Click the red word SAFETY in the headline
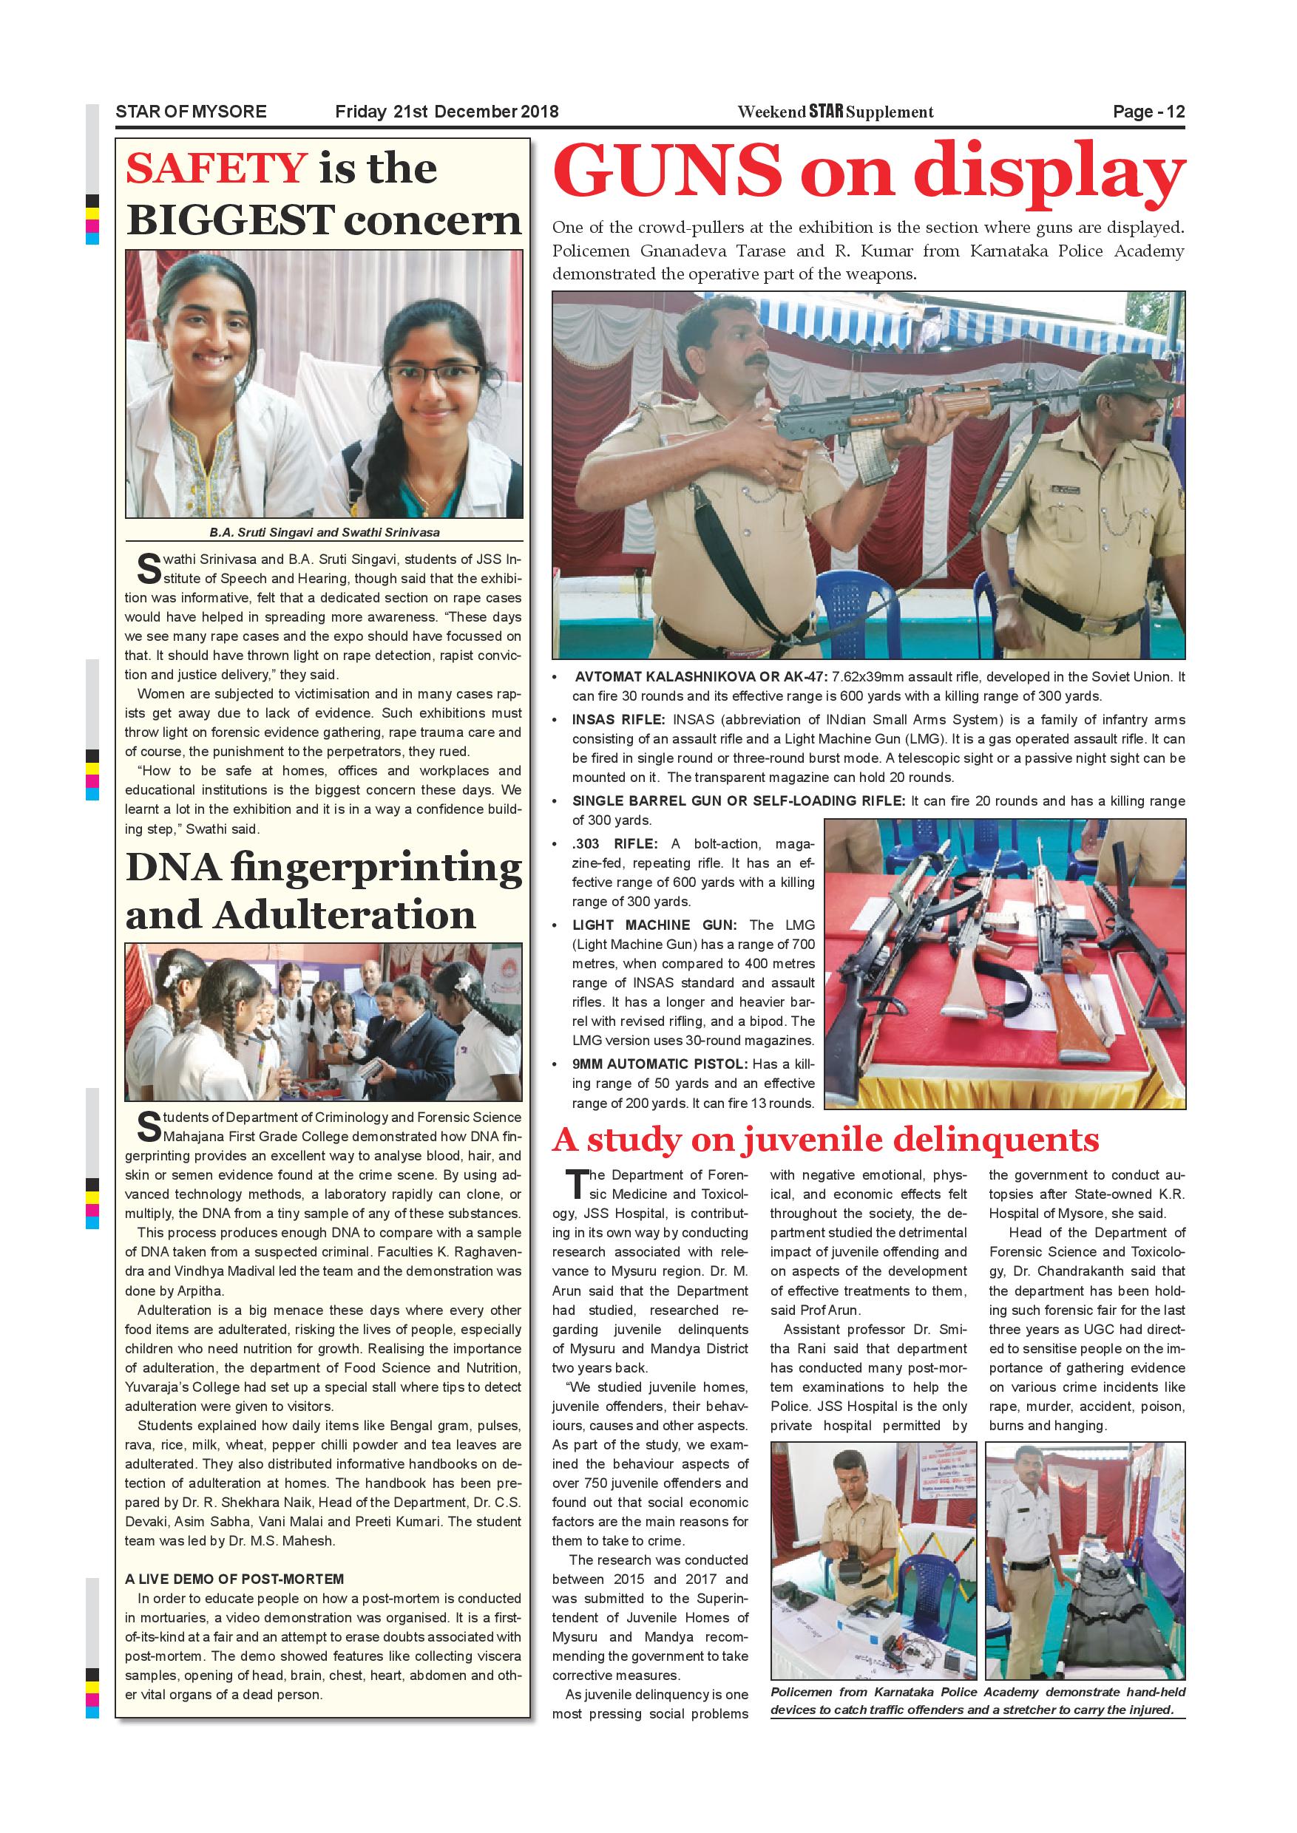(216, 169)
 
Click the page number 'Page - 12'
(1148, 112)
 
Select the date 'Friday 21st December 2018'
(447, 112)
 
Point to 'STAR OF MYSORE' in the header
(191, 112)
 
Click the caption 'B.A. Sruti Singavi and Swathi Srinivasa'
(324, 532)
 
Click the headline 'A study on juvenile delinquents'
(825, 1140)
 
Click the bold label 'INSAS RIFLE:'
(620, 720)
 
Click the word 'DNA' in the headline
(172, 868)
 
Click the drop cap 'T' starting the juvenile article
(576, 1186)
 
